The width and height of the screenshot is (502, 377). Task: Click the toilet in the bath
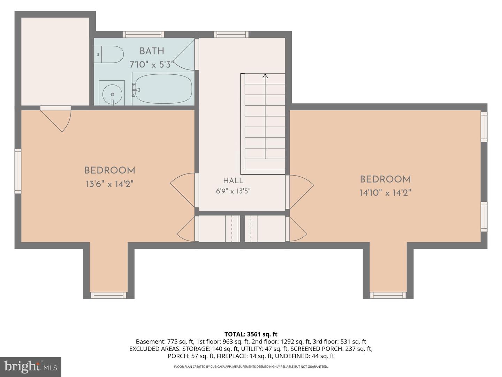pos(109,54)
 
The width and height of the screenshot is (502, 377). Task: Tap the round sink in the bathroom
pos(112,94)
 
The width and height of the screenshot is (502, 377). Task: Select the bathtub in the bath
pos(163,89)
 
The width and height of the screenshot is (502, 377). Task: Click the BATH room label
pos(152,51)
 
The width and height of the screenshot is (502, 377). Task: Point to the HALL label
pos(233,180)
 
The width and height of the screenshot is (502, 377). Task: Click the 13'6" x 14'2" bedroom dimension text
pos(110,184)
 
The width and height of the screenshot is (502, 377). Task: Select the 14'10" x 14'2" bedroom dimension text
pos(385,193)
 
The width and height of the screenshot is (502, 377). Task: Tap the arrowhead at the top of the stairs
pos(265,76)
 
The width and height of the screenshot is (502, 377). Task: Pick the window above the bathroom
pos(143,34)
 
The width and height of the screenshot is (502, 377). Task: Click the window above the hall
pos(231,34)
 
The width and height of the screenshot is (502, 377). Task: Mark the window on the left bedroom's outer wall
pos(18,171)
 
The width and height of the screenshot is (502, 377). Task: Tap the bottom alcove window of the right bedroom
pos(388,295)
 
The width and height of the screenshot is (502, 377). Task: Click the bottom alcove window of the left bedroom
pos(109,295)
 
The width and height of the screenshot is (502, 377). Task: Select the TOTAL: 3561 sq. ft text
pos(251,334)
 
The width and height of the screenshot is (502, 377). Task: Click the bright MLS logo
pos(31,367)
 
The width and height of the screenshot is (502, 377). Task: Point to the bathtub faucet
pos(135,90)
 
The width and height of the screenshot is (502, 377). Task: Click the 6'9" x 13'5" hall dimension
pos(233,191)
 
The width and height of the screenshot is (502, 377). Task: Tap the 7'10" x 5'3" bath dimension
pos(151,65)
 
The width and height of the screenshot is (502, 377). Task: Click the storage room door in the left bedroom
pos(55,119)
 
